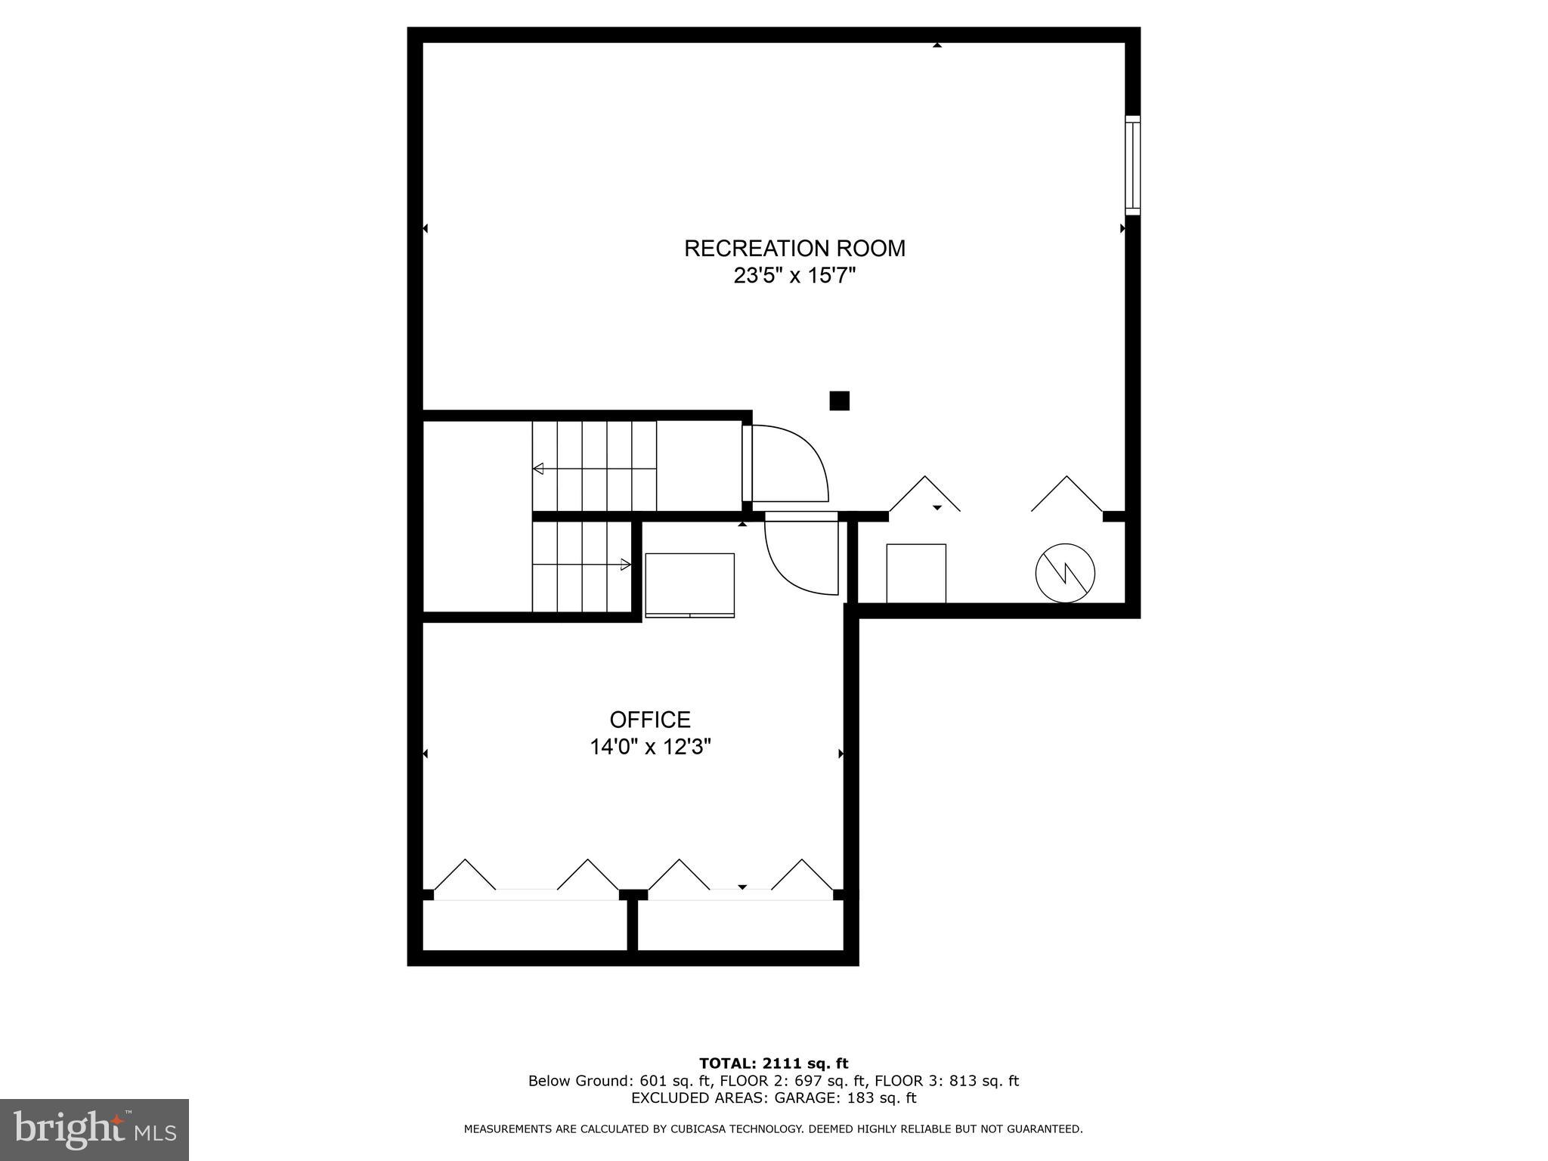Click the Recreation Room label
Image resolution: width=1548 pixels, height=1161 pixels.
794,249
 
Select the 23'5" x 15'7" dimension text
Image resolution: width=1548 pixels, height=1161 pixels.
794,276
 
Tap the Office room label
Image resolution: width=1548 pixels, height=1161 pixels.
650,720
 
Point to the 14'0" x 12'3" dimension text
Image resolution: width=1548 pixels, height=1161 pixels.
650,748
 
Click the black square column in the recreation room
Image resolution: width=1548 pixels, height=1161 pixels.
839,401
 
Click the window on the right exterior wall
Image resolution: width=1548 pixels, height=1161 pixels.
1132,165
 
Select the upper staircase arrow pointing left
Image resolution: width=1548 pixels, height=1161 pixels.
538,469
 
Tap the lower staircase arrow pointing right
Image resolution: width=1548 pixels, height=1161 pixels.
625,565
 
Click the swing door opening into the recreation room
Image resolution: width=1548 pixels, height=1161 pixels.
786,463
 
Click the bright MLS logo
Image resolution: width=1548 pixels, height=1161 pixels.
94,1130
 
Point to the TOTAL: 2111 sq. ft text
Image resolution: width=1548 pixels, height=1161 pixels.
773,1064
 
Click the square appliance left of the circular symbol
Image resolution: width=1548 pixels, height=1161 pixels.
915,573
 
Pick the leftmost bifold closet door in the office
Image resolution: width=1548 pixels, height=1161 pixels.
465,875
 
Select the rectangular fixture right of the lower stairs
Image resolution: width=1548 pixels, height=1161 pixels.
689,585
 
